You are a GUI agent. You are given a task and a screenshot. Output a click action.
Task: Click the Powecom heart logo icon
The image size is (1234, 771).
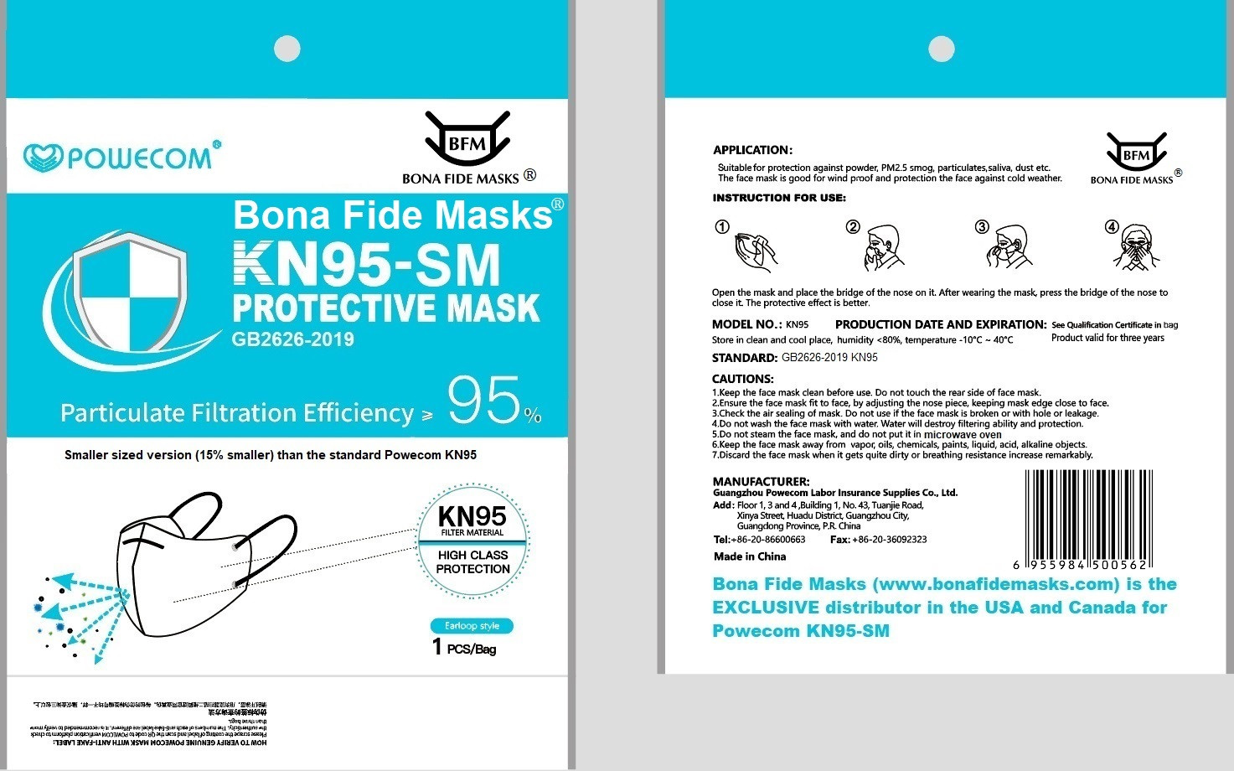click(43, 158)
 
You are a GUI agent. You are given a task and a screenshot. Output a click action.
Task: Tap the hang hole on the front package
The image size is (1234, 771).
click(287, 49)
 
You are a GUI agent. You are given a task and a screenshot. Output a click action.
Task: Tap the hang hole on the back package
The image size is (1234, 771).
click(942, 49)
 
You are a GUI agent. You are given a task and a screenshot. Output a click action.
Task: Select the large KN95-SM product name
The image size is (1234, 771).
click(366, 264)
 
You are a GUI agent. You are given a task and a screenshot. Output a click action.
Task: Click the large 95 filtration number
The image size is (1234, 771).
click(485, 401)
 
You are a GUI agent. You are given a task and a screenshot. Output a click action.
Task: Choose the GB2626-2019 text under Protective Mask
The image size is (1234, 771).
click(292, 339)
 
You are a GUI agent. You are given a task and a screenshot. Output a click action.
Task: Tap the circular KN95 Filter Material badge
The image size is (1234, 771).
click(472, 542)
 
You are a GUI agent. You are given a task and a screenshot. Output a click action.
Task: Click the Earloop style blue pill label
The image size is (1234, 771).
click(472, 626)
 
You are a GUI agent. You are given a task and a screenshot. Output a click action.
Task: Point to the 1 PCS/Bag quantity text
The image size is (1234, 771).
click(464, 647)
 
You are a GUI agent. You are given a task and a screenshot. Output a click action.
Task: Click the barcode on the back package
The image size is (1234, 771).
click(1087, 520)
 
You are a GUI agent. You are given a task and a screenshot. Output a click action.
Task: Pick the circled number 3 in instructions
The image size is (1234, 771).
click(982, 227)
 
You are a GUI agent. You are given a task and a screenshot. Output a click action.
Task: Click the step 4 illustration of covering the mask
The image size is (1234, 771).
click(1137, 248)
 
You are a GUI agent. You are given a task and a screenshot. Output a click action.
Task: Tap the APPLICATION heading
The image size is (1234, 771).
click(752, 150)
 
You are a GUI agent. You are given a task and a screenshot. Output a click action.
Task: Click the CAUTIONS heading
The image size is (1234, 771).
click(743, 379)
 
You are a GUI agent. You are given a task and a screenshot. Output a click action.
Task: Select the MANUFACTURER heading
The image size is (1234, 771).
click(761, 481)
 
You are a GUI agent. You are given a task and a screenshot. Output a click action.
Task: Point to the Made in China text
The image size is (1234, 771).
click(749, 556)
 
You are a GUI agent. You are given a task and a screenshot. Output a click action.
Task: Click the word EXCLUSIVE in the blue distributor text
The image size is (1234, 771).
click(766, 608)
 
